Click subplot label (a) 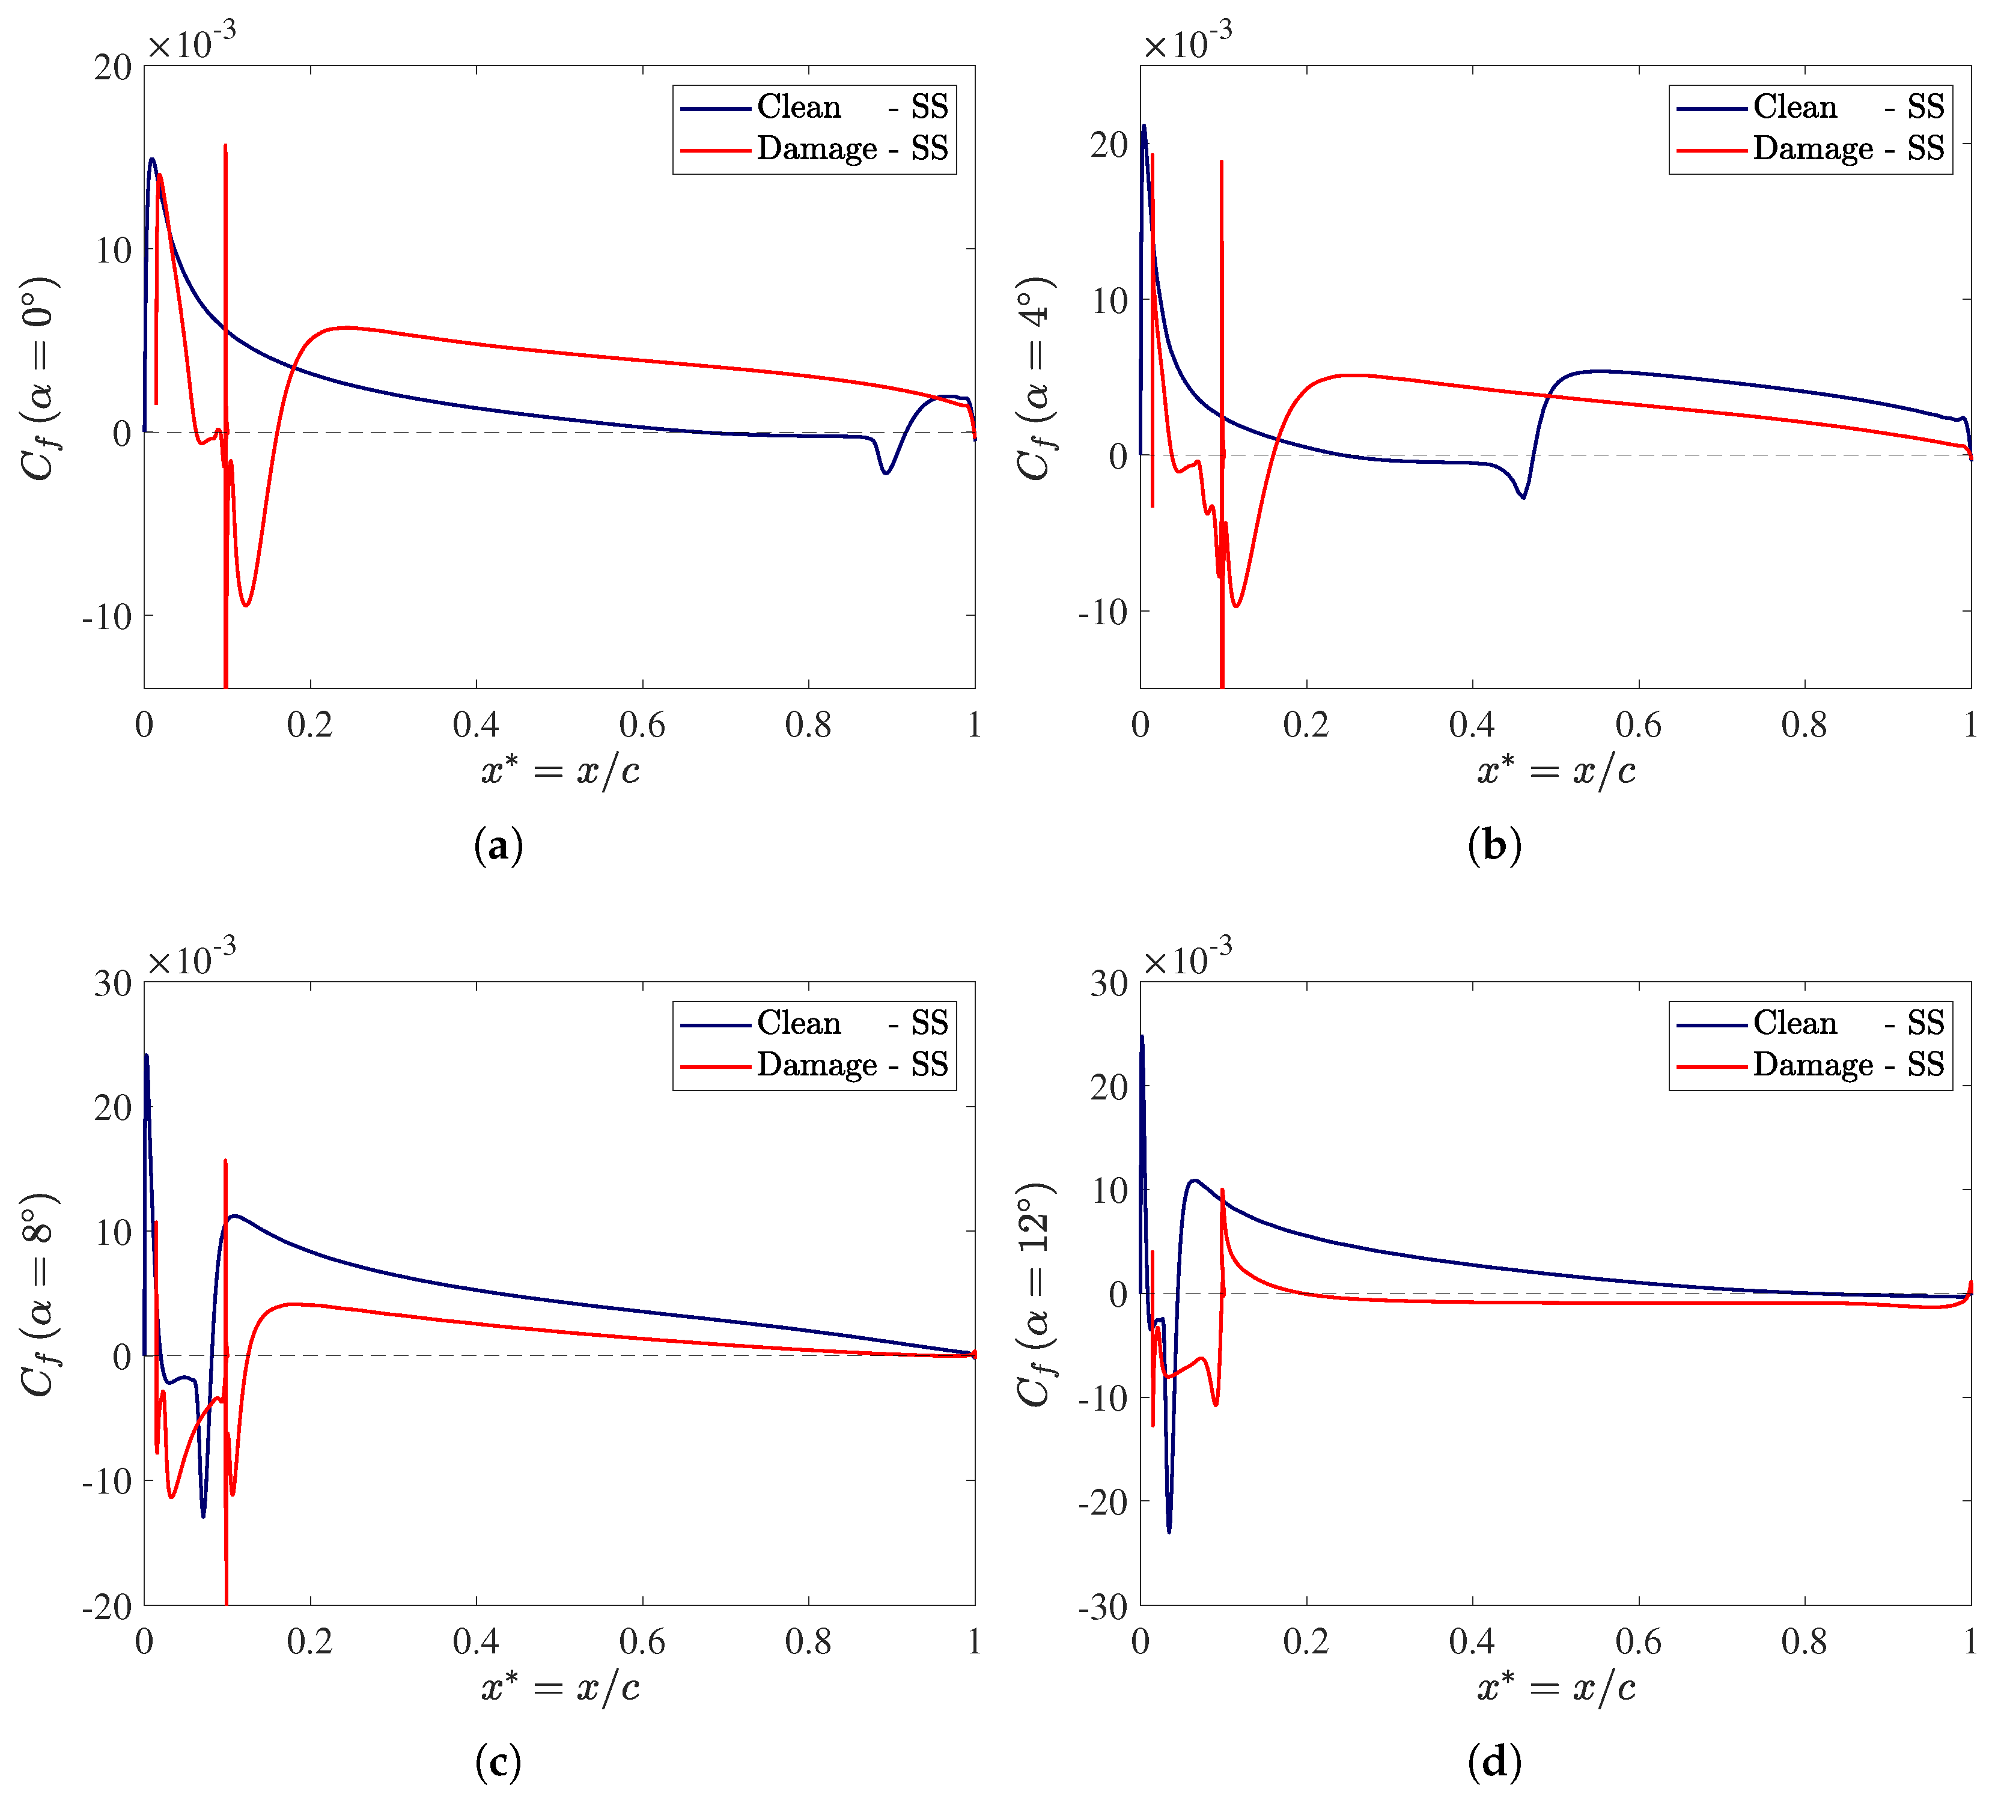[x=499, y=845]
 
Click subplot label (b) [x=1494, y=845]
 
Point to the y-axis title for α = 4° [x=1037, y=377]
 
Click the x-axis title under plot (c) [x=560, y=1687]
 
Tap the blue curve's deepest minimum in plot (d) [x=1169, y=1531]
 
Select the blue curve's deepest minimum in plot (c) [x=203, y=1515]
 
